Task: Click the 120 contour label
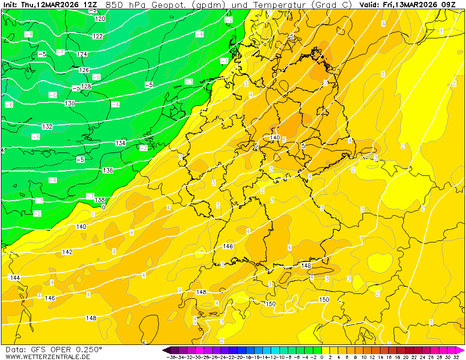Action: point(100,19)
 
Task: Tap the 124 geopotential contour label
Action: point(82,54)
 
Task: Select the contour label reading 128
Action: point(86,86)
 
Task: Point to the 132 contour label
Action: point(47,127)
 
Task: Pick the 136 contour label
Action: point(108,171)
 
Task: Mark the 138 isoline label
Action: point(100,200)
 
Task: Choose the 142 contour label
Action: point(67,252)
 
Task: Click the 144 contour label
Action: point(15,277)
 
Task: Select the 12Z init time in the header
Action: point(90,4)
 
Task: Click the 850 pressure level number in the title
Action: point(114,4)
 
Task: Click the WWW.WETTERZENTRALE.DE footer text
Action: point(48,357)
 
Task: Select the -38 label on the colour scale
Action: point(171,357)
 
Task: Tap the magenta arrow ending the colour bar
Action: point(461,350)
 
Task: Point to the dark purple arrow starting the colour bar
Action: point(167,350)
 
